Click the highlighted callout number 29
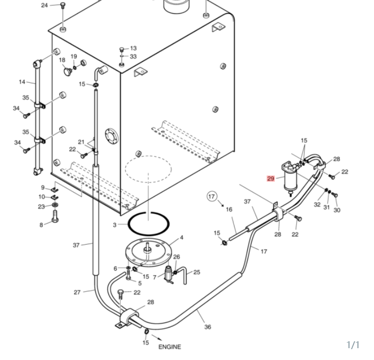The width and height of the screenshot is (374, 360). [x=271, y=179]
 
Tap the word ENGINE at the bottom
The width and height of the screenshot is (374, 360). [x=170, y=347]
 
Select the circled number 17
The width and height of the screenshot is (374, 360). [x=211, y=196]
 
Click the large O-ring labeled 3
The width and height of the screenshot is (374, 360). [x=149, y=224]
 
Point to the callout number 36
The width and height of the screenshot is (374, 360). [x=208, y=327]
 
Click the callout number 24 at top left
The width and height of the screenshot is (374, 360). [x=44, y=5]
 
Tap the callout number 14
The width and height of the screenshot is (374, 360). [x=22, y=82]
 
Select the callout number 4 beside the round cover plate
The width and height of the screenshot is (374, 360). [x=182, y=238]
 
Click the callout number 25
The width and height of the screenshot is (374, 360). [x=197, y=272]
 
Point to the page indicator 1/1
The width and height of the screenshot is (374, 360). [x=353, y=345]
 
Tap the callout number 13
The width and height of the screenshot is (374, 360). [x=134, y=48]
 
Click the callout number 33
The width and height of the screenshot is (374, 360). [x=133, y=56]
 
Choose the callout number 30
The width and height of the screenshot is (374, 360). [x=337, y=210]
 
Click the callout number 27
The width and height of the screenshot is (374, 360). [x=77, y=292]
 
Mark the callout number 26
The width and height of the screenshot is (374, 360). [x=176, y=257]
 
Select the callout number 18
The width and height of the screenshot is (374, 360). [x=62, y=60]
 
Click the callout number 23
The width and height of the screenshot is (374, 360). [x=41, y=207]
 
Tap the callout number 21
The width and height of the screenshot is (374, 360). [x=81, y=142]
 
